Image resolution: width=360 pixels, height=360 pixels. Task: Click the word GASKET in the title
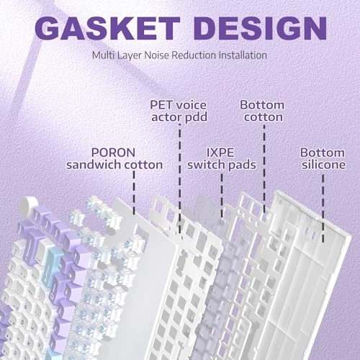coord(107,28)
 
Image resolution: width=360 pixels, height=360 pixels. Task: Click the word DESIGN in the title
coord(261,28)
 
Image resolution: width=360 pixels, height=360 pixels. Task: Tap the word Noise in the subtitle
coord(157,55)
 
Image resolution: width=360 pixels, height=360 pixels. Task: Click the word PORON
coord(113,153)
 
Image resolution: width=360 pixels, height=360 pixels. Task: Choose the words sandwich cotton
coord(114,165)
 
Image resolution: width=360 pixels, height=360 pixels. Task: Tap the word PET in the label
coord(161,105)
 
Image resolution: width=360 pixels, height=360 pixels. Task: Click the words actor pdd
coord(179,117)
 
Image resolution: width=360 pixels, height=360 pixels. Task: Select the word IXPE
coord(220,153)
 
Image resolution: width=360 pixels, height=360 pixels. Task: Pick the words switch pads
coord(222,165)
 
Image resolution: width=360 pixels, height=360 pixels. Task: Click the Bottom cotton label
coord(262,111)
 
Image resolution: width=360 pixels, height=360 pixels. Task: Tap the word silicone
coord(324,165)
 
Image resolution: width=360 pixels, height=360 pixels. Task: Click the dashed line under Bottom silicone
coord(323,208)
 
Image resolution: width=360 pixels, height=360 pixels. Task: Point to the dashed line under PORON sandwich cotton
coord(134,192)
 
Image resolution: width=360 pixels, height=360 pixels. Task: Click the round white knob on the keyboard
coord(29,203)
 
